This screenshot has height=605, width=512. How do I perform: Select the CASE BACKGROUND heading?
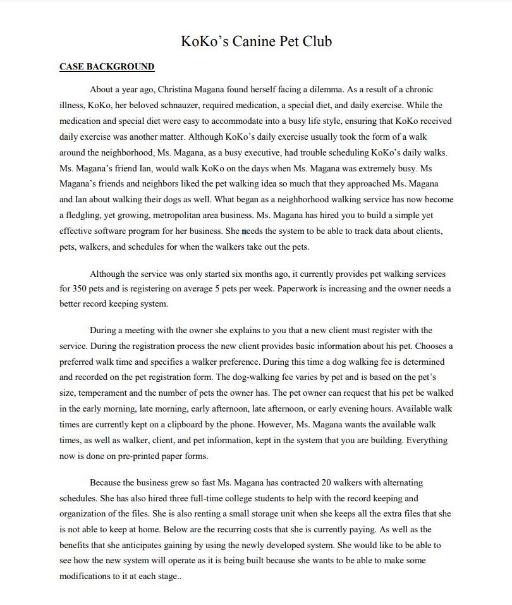click(107, 66)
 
